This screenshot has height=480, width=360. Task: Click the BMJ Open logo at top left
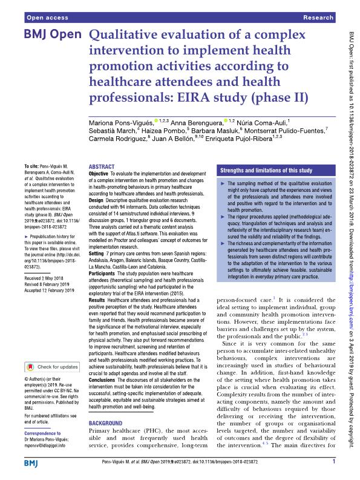pos(52,35)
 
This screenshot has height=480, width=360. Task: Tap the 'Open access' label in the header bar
pos(42,19)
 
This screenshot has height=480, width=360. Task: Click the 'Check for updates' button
pos(53,366)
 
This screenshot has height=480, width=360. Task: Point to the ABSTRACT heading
pos(101,166)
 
